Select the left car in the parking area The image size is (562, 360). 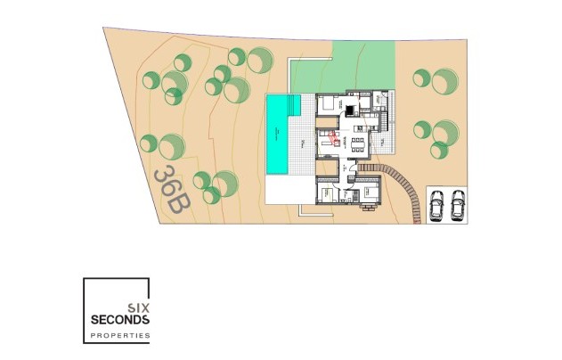(437, 206)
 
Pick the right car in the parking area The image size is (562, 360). (458, 206)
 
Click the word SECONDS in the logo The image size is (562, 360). (119, 319)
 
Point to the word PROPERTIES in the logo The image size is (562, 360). (119, 336)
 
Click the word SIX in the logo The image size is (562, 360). (139, 306)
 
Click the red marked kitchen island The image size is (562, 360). (333, 138)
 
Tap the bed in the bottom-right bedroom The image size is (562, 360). (367, 191)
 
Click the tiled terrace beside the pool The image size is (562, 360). (307, 143)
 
